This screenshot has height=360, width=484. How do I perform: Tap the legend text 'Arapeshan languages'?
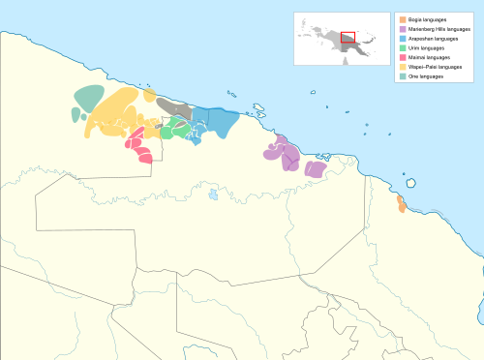432,38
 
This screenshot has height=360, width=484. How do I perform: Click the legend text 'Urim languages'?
425,47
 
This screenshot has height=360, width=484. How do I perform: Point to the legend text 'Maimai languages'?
428,57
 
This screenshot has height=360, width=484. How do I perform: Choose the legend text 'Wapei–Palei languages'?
434,67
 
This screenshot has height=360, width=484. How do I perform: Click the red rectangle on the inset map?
348,38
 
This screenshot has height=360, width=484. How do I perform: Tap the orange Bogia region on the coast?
401,204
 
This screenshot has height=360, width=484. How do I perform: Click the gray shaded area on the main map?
174,108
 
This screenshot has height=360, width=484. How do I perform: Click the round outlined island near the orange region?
411,182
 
